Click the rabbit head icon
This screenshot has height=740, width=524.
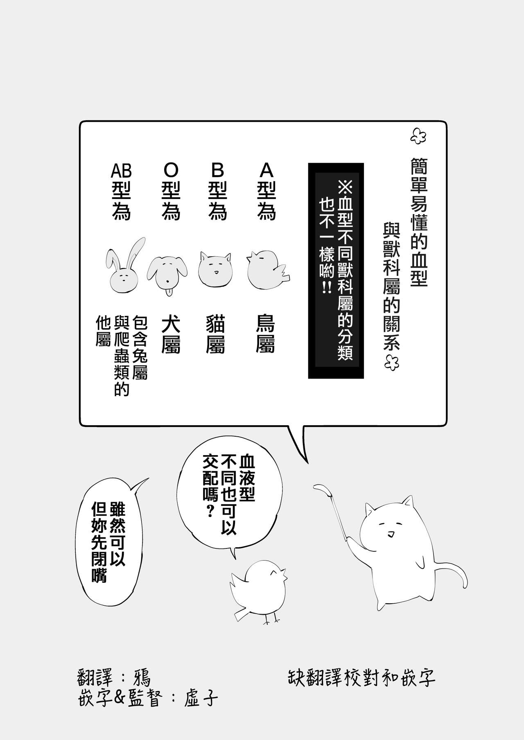point(123,270)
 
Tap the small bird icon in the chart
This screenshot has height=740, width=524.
point(266,270)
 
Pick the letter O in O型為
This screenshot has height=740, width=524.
point(171,170)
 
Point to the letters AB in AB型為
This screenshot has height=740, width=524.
point(121,170)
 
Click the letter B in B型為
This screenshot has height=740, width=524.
point(217,170)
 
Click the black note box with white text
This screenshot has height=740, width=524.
point(336,270)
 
